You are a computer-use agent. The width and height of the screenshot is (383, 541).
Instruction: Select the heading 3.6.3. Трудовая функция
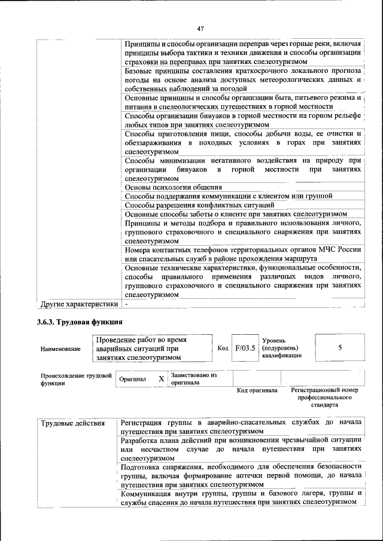pos(75,323)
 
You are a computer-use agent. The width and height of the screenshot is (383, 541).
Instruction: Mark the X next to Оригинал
pos(161,379)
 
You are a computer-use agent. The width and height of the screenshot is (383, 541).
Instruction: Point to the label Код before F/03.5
pos(223,348)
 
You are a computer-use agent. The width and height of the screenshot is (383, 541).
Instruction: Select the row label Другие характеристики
pos(78,304)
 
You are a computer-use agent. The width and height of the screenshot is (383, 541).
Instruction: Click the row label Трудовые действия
pos(72,423)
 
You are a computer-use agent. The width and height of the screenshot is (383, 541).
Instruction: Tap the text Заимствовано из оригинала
pos(193,378)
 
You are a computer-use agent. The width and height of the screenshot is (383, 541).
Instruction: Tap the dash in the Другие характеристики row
pos(126,304)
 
